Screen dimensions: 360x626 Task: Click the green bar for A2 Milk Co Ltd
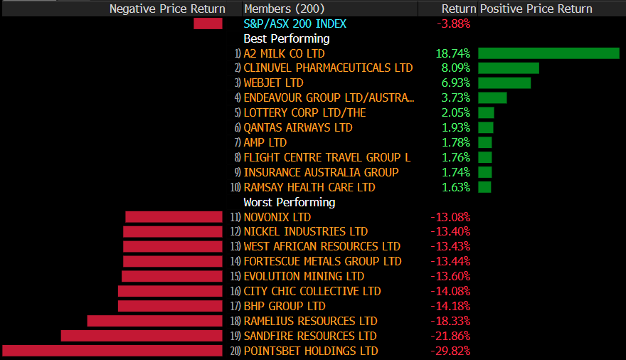(548, 53)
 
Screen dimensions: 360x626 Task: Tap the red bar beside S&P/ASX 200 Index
(208, 23)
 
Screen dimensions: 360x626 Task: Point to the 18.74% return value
(452, 53)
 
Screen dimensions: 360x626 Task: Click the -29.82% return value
(450, 351)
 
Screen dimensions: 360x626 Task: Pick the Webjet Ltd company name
(273, 83)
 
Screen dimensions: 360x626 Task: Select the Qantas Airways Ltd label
(297, 128)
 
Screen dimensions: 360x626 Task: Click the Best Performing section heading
(286, 38)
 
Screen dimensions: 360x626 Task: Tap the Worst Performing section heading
(289, 202)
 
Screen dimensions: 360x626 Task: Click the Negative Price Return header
(167, 9)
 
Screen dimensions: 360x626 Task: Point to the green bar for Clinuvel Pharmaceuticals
(508, 68)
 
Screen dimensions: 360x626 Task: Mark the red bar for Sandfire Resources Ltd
(142, 336)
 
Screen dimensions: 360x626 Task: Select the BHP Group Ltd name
(284, 306)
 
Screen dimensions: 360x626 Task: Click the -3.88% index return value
(452, 23)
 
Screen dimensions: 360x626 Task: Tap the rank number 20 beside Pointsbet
(235, 351)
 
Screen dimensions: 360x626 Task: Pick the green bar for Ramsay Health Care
(484, 187)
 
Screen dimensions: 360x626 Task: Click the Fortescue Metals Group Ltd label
(322, 262)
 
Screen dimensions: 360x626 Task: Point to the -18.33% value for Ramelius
(450, 321)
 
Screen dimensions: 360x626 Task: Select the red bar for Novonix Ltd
(174, 217)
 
